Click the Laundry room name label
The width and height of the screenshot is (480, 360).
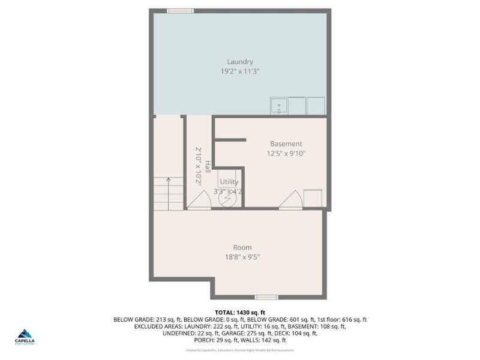[x=239, y=61]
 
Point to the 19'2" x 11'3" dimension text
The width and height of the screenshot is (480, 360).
[x=239, y=71]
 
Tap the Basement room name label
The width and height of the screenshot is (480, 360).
[x=286, y=143]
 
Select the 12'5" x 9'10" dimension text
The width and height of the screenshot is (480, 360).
[x=286, y=153]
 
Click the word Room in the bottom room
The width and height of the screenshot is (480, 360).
[x=242, y=247]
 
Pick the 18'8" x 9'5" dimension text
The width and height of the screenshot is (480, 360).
[x=242, y=257]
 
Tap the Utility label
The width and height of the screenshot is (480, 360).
[x=229, y=182]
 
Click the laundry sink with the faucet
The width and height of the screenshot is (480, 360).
[x=278, y=106]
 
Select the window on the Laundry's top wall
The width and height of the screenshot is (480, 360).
[x=180, y=10]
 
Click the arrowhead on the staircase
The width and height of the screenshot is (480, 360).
[x=169, y=178]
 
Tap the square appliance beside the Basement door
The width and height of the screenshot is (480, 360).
[x=313, y=198]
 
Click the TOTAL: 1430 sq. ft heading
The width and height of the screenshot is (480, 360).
[x=240, y=312]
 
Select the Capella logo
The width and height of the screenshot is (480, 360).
[x=25, y=336]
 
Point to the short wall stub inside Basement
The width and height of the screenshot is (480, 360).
[x=230, y=140]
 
